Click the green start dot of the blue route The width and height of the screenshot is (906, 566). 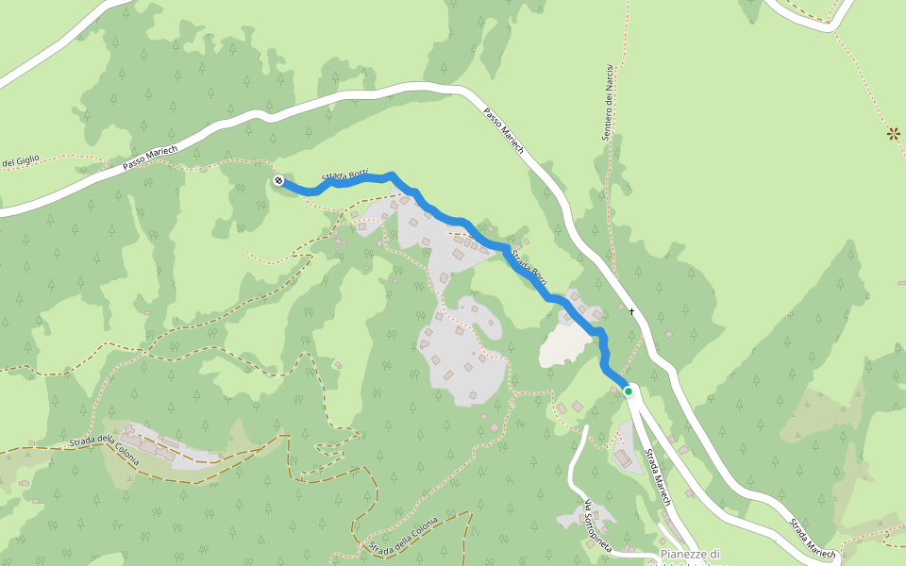click(628, 391)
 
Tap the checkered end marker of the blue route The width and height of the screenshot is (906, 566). click(278, 180)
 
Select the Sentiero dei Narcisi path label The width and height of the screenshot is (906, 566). click(609, 103)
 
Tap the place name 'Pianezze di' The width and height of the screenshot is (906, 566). click(690, 554)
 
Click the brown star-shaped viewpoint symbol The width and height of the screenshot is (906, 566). click(893, 133)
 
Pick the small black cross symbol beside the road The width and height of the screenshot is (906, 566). click(632, 311)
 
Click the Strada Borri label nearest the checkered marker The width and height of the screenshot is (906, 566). click(345, 175)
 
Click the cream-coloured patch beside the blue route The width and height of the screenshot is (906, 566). click(564, 345)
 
